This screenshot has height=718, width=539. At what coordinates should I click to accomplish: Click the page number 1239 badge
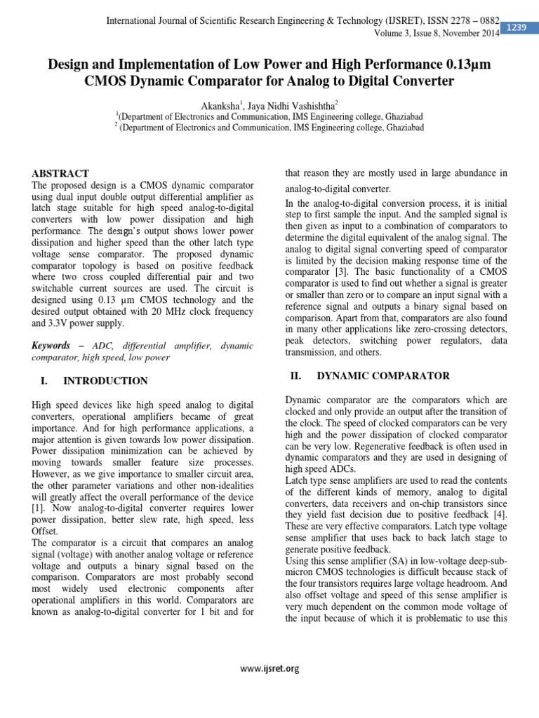(x=518, y=26)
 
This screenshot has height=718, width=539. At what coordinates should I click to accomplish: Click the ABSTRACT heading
(x=61, y=173)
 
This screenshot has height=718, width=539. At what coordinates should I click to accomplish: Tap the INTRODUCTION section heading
(x=105, y=381)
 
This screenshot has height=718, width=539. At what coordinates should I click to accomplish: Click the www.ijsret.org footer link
(x=269, y=668)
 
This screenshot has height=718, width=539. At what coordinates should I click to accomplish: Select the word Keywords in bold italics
(x=51, y=346)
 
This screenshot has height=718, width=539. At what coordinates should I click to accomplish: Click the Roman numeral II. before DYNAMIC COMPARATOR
(x=296, y=376)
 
